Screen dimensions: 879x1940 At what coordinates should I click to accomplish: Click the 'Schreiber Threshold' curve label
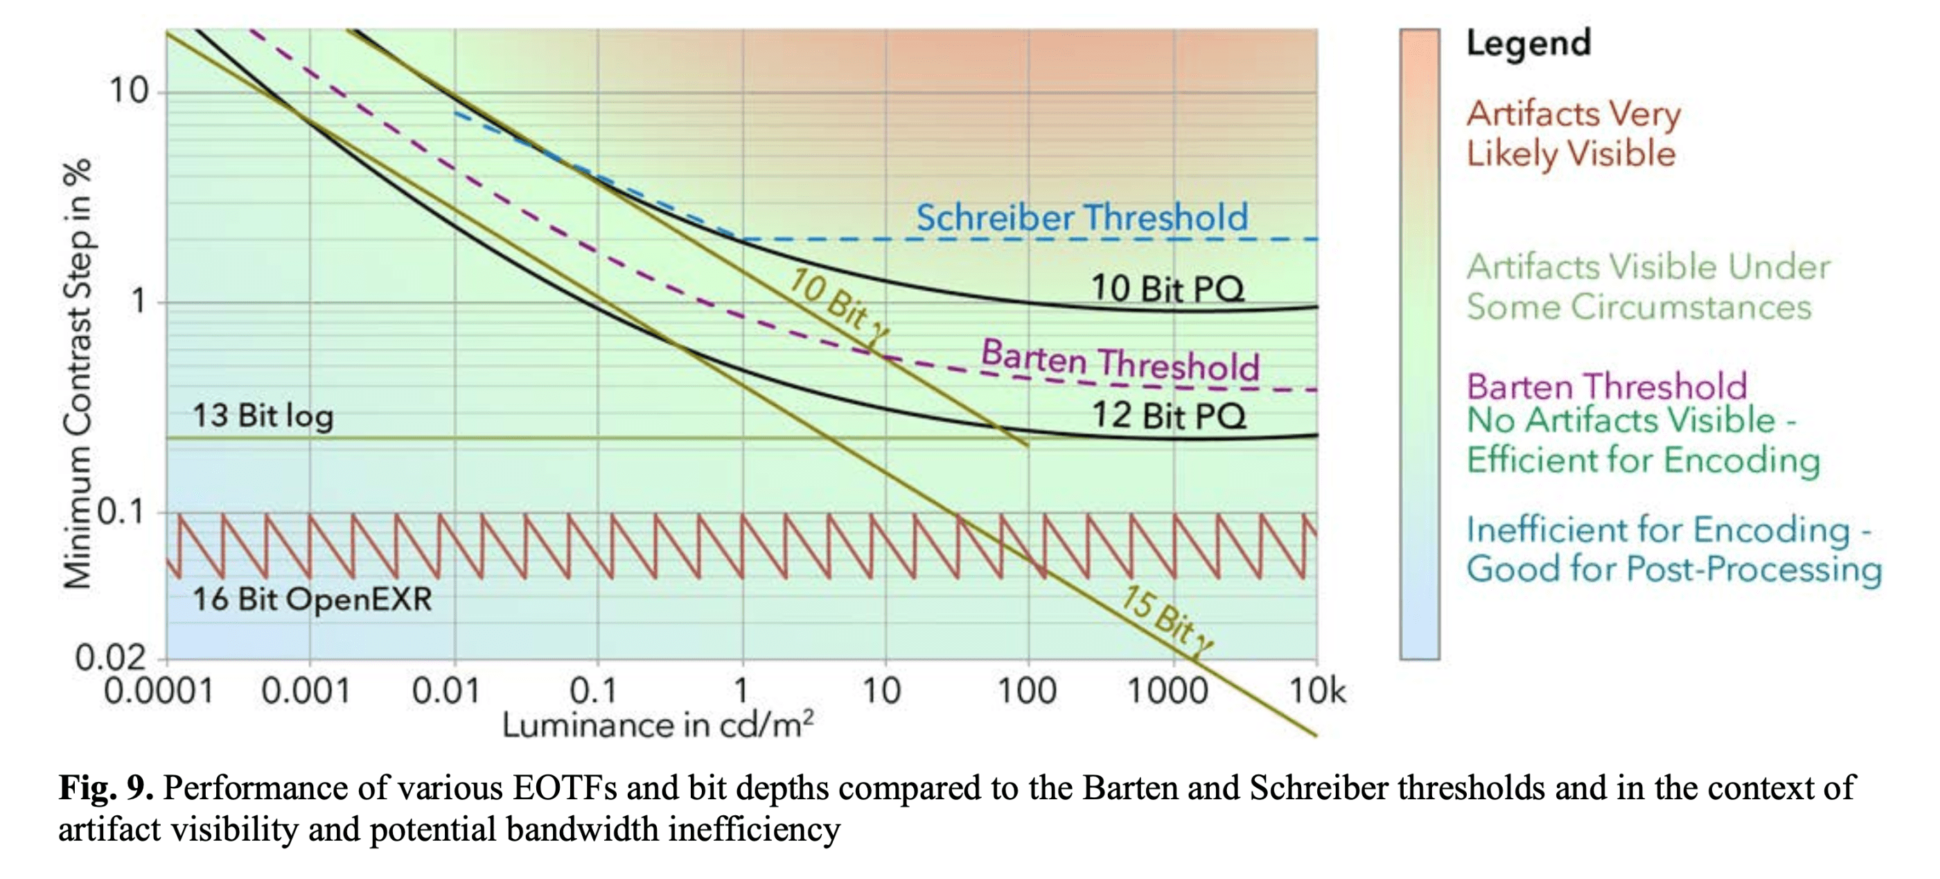coord(1082,218)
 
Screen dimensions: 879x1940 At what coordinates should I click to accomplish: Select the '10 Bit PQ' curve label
coord(1167,288)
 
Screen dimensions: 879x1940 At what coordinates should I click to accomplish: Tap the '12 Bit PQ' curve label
coord(1169,416)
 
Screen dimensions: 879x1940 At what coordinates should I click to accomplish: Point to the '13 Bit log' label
coord(263,416)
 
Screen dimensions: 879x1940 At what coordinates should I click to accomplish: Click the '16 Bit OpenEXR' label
coord(312,600)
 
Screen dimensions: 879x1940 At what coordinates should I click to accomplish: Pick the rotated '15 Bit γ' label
coord(1167,622)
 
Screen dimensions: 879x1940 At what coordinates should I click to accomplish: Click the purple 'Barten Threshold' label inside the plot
coord(1120,362)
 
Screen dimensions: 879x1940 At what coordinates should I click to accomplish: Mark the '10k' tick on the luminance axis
coord(1316,690)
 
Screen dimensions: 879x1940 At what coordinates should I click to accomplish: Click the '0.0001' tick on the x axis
coord(159,690)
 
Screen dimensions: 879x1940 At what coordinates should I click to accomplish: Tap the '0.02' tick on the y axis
coord(110,659)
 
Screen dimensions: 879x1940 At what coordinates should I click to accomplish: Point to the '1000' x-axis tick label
coord(1167,690)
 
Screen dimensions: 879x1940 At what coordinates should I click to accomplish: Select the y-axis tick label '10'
coord(129,91)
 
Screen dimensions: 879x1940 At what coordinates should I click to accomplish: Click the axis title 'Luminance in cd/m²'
coord(658,725)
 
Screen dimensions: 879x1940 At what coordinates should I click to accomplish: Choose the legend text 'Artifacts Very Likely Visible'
coord(1573,134)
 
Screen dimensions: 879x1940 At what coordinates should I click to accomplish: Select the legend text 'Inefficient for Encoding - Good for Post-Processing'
coord(1673,549)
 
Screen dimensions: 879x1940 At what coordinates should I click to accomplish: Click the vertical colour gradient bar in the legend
coord(1420,345)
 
